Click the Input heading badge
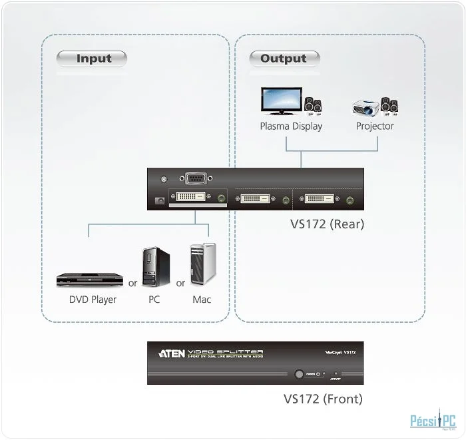pos(91,59)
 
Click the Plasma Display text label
pos(291,126)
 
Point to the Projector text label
pos(375,126)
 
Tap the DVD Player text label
pos(93,300)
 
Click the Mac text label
pos(202,300)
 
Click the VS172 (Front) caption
pos(323,399)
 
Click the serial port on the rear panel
pos(194,178)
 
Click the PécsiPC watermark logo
pos(432,421)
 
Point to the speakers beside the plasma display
pos(313,105)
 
